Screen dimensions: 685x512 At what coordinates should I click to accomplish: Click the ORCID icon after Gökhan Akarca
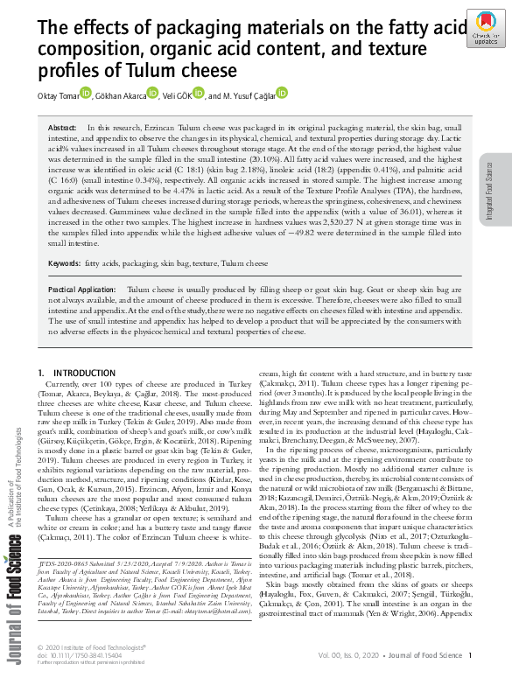tap(152, 93)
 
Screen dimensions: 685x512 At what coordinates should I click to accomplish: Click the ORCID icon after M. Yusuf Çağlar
tap(282, 93)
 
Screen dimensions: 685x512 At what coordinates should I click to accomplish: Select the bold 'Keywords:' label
tap(65, 263)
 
